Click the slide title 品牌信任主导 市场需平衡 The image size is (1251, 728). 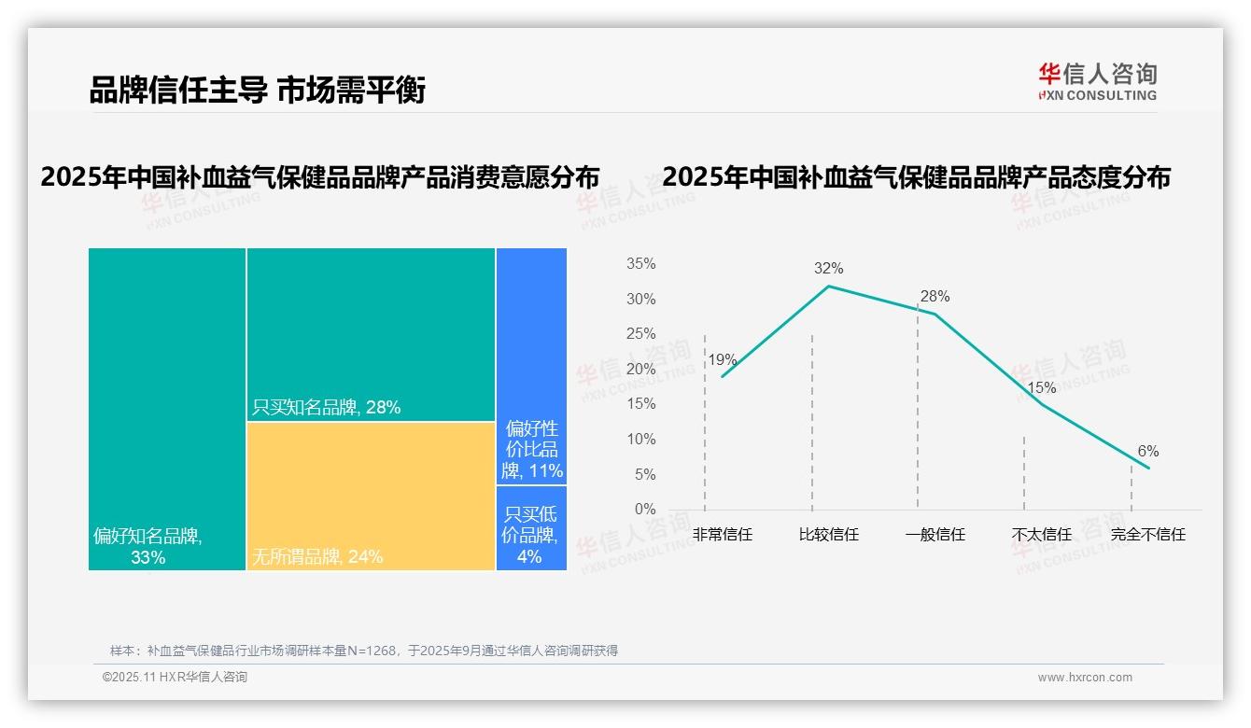click(258, 91)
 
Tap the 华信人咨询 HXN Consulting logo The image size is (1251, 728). click(1097, 82)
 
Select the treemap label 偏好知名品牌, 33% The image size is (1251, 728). click(148, 547)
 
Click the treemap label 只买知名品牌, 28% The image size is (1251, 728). click(327, 407)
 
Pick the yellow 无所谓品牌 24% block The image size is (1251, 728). click(371, 495)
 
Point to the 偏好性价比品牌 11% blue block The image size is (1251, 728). click(531, 366)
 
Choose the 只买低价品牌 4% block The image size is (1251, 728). click(531, 527)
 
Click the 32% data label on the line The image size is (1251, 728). click(828, 269)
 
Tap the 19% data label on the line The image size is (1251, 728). click(722, 359)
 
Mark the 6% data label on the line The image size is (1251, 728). click(1147, 452)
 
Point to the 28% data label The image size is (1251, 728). click(935, 297)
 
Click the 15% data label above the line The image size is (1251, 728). click(1041, 387)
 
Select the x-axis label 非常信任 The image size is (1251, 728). click(723, 535)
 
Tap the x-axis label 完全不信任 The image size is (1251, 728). click(1147, 535)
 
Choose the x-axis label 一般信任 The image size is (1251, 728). click(935, 535)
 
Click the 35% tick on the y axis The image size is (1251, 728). click(640, 264)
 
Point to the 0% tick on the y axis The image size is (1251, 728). click(645, 510)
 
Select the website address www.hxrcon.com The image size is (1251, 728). click(1085, 678)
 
